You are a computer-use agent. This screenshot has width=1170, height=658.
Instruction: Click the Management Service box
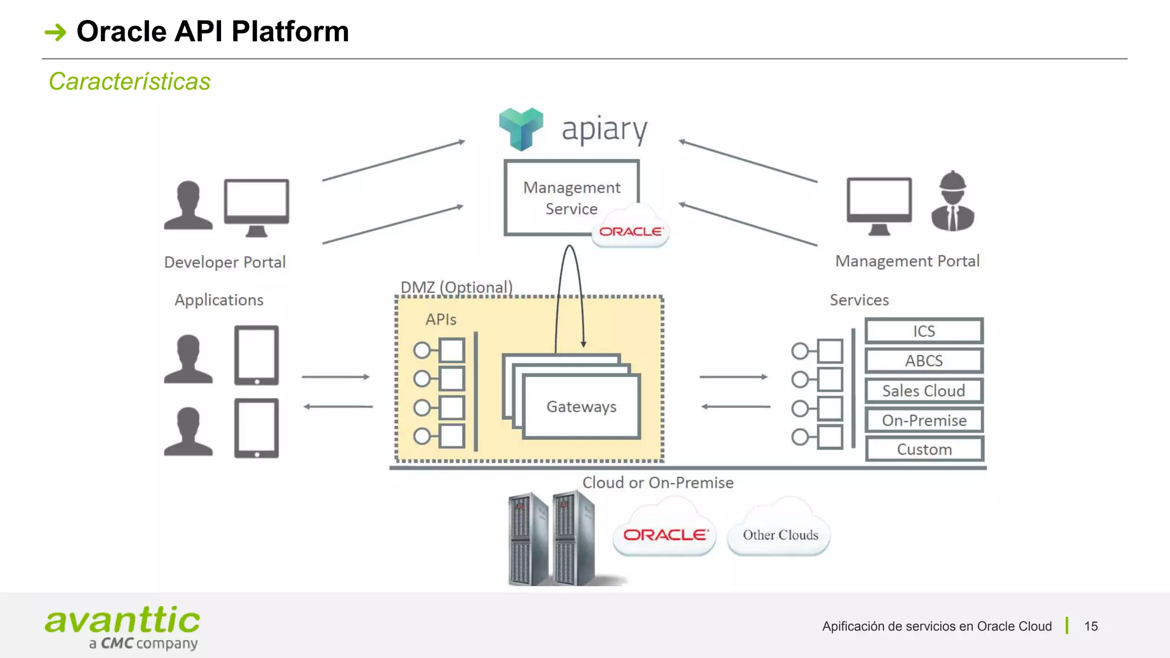point(571,197)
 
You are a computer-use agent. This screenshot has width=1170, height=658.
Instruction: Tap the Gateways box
point(581,406)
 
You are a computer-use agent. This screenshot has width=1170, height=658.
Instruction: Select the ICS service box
point(924,331)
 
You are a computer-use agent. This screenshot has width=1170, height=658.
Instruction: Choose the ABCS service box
point(924,360)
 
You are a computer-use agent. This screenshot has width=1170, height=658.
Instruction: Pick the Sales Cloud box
point(924,391)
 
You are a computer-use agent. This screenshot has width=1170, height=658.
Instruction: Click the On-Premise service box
point(924,420)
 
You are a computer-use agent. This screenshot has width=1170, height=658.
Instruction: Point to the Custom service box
point(924,450)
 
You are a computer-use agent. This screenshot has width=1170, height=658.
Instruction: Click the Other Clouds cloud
point(780,534)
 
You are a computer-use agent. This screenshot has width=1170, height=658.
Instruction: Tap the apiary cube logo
point(520,129)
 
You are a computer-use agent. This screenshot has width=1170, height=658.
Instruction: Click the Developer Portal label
point(225,262)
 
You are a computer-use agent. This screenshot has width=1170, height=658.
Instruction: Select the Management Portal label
point(907,261)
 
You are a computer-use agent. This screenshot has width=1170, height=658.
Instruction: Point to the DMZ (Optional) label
point(456,287)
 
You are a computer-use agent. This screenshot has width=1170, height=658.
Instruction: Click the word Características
point(130,81)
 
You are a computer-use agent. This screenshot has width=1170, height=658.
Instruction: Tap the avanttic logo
point(123,627)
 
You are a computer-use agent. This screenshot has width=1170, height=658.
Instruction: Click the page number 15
point(1091,626)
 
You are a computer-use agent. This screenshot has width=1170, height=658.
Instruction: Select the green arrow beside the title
point(56,32)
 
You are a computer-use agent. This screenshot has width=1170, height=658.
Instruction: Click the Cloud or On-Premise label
point(658,483)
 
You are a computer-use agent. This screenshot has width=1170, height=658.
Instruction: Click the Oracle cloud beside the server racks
point(664,534)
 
